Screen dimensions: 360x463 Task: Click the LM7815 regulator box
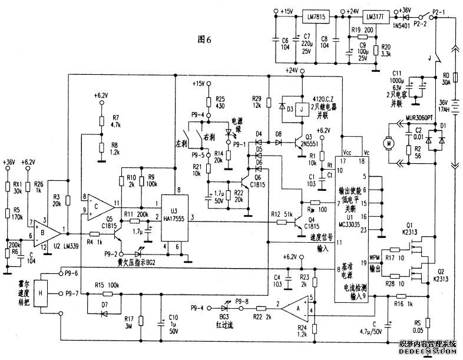coord(316,16)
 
